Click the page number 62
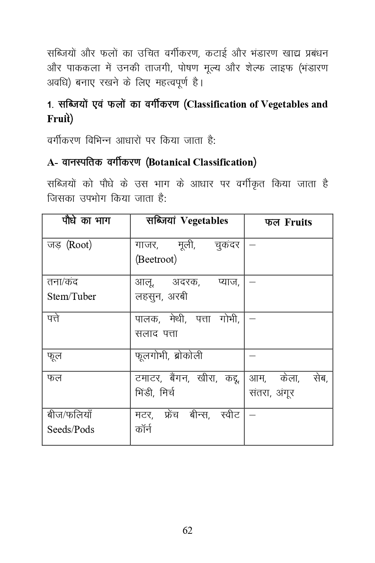point(187,530)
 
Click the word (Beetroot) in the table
point(156,259)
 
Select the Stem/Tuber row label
point(71,297)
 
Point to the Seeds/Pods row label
point(70,430)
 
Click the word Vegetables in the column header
point(205,221)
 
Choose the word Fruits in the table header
point(298,222)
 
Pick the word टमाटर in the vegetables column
point(148,378)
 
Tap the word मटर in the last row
point(144,415)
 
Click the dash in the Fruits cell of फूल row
point(252,356)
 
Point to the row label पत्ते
point(53,319)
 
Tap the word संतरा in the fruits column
point(260,393)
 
